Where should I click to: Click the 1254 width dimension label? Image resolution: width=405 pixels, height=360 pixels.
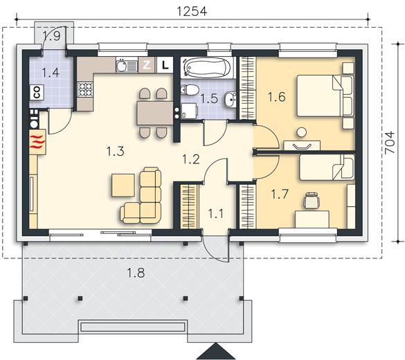pyautogui.click(x=192, y=11)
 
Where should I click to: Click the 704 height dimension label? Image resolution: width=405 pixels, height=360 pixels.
pyautogui.click(x=390, y=143)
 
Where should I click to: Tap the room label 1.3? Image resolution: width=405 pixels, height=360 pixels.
pyautogui.click(x=116, y=152)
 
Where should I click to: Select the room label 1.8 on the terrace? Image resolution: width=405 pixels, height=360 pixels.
pyautogui.click(x=136, y=273)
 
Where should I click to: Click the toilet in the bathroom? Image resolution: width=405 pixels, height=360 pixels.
pyautogui.click(x=190, y=89)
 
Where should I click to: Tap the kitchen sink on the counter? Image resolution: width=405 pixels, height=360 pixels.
pyautogui.click(x=126, y=65)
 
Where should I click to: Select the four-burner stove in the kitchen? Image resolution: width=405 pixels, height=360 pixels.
pyautogui.click(x=85, y=89)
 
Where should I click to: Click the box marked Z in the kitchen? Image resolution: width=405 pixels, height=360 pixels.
pyautogui.click(x=147, y=65)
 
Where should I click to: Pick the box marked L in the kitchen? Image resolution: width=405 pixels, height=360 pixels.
pyautogui.click(x=165, y=64)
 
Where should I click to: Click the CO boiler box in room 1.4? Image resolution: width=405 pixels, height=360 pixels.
pyautogui.click(x=37, y=93)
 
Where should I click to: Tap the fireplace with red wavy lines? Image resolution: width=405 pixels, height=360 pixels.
pyautogui.click(x=37, y=142)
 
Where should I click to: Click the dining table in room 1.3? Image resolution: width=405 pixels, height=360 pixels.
pyautogui.click(x=154, y=114)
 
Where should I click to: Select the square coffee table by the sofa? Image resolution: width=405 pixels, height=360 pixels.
pyautogui.click(x=123, y=185)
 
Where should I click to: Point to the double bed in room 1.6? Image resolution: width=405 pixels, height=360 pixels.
pyautogui.click(x=325, y=96)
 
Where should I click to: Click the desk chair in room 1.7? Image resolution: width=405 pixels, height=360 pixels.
pyautogui.click(x=312, y=200)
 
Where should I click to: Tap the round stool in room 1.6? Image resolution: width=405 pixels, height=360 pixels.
pyautogui.click(x=301, y=132)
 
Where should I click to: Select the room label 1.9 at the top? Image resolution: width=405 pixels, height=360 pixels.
pyautogui.click(x=52, y=36)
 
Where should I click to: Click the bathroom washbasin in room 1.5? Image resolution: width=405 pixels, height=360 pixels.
pyautogui.click(x=230, y=100)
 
